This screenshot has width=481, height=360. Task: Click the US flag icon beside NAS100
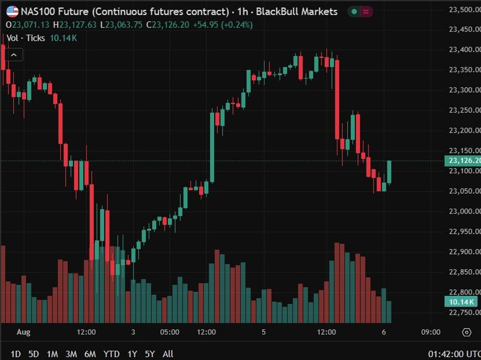[x=12, y=11]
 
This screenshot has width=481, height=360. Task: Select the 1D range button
[x=16, y=354]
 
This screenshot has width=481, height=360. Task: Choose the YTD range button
[x=111, y=354]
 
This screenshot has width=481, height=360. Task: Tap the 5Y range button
[x=150, y=354]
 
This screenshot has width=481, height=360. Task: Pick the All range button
[x=168, y=354]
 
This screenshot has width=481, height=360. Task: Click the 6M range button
[x=90, y=354]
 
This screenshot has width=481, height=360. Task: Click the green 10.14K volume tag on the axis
[x=462, y=302]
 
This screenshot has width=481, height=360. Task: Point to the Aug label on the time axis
[x=23, y=332]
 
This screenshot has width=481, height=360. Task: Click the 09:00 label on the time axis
[x=431, y=332]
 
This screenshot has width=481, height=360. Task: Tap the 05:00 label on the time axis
[x=170, y=332]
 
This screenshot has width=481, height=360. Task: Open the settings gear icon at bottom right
[x=466, y=332]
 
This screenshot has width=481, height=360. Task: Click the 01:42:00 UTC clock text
[x=453, y=354]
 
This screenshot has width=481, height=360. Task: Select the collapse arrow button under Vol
[x=14, y=55]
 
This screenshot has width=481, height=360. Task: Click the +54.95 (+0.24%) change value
[x=229, y=25]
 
